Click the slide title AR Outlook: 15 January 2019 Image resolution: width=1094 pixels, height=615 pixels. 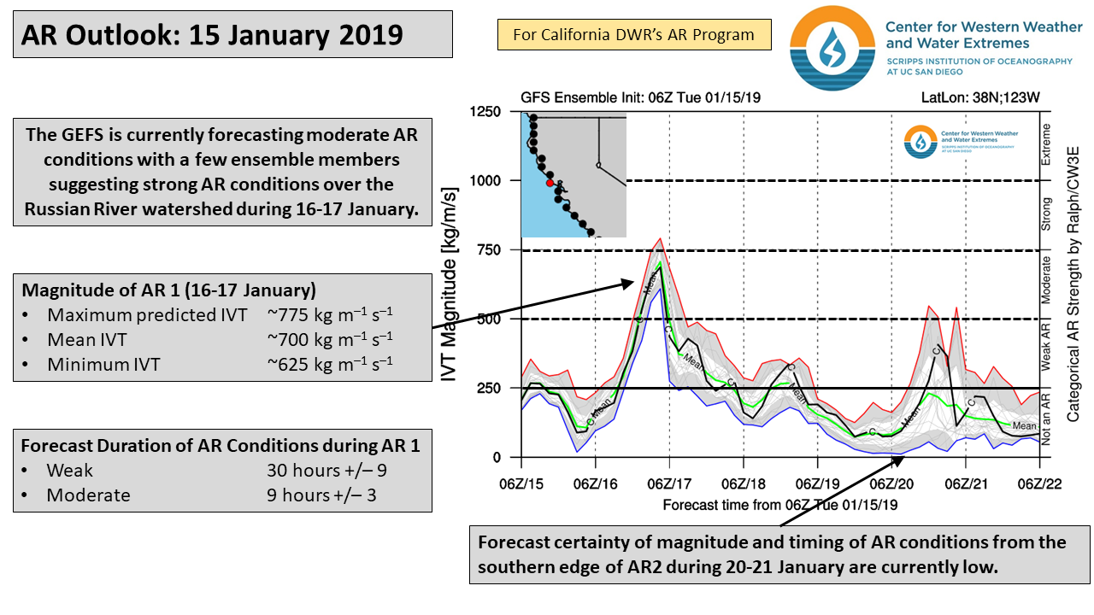(212, 35)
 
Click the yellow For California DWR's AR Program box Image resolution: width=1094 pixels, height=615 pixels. (633, 35)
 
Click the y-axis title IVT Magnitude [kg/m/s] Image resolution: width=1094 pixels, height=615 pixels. (450, 285)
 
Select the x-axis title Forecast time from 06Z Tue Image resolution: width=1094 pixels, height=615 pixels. (779, 505)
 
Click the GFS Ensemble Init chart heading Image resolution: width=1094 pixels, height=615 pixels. (640, 97)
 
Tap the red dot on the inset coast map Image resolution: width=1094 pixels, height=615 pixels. (550, 183)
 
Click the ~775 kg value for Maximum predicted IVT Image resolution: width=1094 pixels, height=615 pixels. (330, 315)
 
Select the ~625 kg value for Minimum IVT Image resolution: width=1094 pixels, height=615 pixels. (330, 365)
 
